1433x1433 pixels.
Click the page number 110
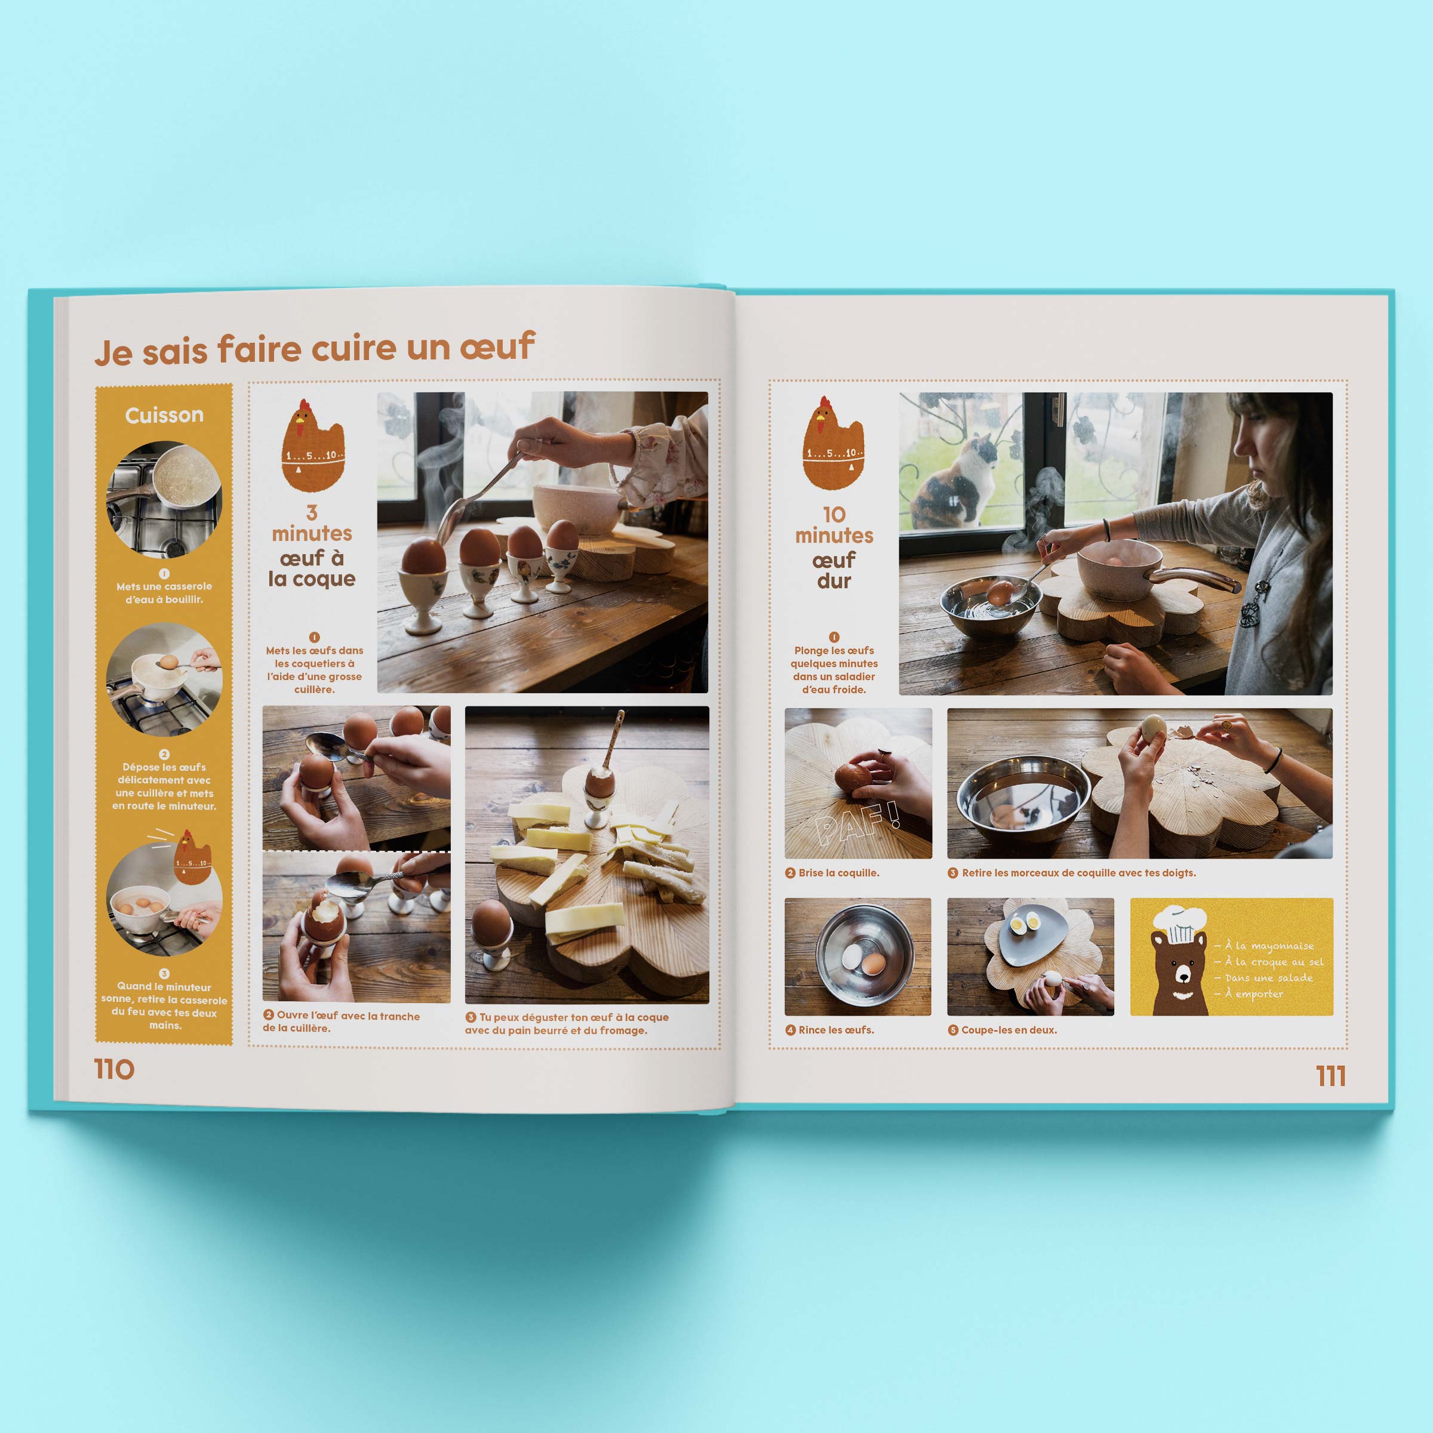pos(114,1069)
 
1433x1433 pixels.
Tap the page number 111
pos(1331,1075)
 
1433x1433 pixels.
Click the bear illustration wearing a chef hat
pos(1180,961)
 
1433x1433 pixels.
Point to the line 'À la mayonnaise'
pos(1265,946)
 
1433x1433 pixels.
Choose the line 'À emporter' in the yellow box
pos(1249,994)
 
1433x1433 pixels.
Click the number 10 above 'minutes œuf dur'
pos(834,514)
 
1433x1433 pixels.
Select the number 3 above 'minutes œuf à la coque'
pos(312,512)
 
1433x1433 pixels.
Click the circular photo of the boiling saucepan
pos(164,499)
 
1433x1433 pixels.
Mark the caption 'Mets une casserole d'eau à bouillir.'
pos(164,593)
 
